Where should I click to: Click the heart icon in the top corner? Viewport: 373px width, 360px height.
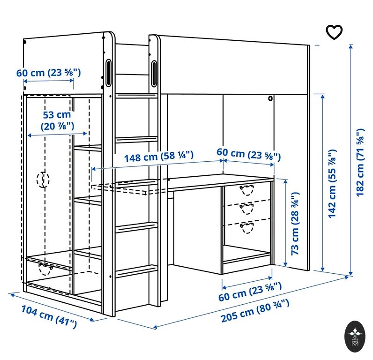pos(334,32)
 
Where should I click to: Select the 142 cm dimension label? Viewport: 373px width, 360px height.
pos(332,183)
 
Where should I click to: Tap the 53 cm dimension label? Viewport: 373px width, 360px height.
pos(57,120)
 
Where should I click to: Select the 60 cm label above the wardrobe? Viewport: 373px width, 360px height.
pos(49,73)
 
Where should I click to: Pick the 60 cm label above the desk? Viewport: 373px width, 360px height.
pos(248,153)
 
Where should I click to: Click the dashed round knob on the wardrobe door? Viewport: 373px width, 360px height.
pos(43,180)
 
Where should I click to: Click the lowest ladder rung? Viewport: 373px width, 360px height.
pos(136,270)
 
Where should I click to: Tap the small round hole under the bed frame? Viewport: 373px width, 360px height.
pos(270,99)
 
